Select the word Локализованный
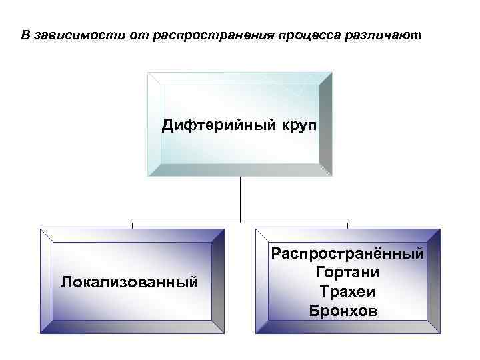tap(129, 281)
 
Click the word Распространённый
tap(347, 253)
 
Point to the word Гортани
tap(347, 273)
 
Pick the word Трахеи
tap(347, 291)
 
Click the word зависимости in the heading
tap(73, 35)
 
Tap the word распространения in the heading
tap(210, 35)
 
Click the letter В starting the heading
tap(25, 35)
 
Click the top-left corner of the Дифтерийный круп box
tap(148, 73)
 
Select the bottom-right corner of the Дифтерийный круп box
tap(331, 176)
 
